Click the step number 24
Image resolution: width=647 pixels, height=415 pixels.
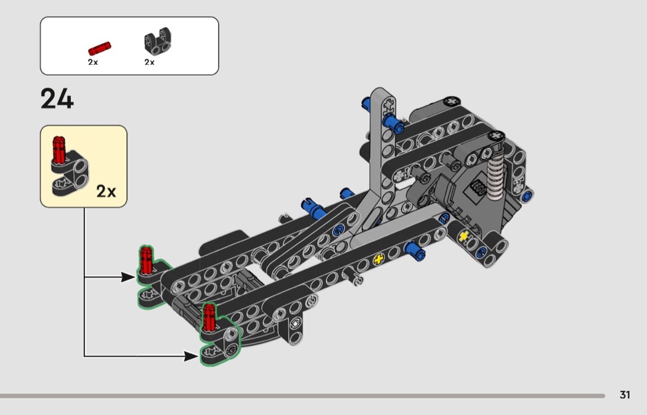[57, 99]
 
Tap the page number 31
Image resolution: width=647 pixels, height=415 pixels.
[625, 395]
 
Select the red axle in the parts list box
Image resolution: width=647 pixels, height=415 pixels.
[99, 48]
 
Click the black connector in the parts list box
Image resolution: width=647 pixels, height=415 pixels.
[158, 41]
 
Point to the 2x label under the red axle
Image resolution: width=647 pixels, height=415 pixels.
[93, 62]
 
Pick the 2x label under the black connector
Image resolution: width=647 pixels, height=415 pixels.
[149, 62]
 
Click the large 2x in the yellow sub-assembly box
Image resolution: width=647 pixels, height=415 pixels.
[106, 191]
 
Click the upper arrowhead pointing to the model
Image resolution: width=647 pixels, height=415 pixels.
[128, 277]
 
